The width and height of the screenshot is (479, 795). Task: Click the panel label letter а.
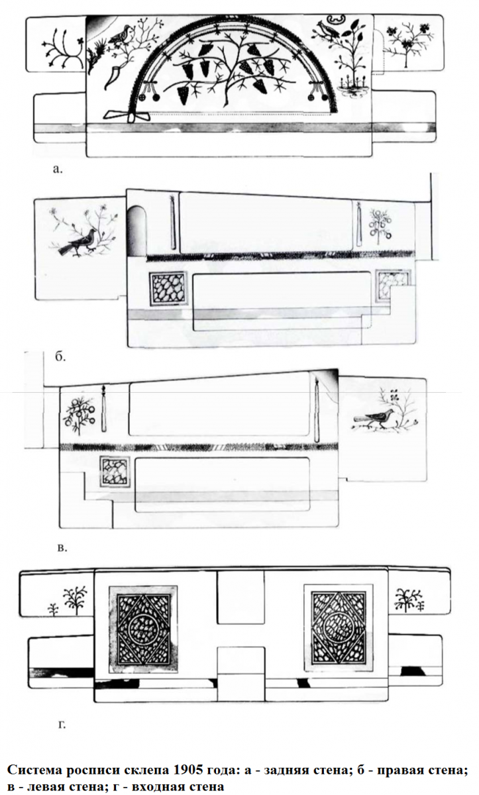coord(57,170)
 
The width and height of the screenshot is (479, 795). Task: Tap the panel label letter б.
coord(61,356)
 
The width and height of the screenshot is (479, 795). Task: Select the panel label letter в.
coord(62,548)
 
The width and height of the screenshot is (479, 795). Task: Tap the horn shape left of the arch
coord(113,77)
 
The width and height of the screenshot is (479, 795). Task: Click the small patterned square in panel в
coord(115,472)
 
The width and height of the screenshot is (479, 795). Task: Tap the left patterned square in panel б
coord(168,289)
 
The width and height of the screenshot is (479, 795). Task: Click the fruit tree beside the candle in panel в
coord(79,414)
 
